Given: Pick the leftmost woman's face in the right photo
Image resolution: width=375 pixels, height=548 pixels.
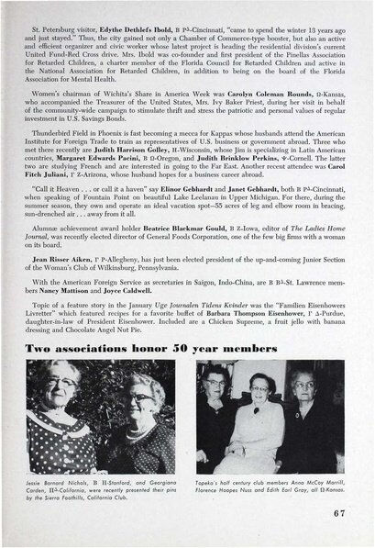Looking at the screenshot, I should pos(216,381).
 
